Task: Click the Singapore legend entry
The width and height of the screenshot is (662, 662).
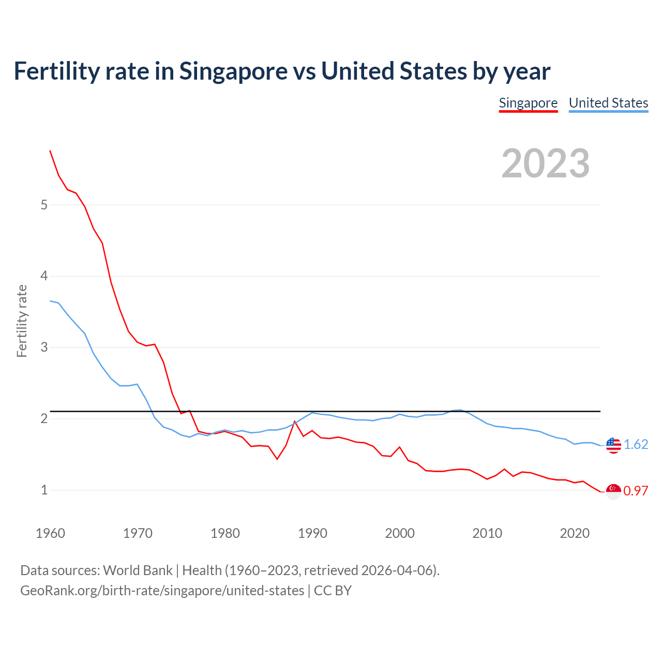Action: (528, 103)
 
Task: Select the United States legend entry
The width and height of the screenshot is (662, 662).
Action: (608, 103)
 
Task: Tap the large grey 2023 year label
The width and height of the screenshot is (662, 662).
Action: (545, 163)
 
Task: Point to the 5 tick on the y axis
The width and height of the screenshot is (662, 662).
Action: (44, 205)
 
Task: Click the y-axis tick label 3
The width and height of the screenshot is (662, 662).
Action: (44, 347)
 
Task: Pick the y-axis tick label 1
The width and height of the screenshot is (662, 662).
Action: (44, 490)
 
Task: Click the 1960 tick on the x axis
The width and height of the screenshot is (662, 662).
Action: (50, 533)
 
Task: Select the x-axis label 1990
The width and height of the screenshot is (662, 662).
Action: (312, 533)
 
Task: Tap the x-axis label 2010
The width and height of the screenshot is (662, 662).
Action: (487, 533)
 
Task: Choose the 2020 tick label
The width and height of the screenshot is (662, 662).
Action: (575, 533)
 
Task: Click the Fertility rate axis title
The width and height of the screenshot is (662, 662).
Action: (22, 321)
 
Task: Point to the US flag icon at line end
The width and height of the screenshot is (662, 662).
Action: (613, 445)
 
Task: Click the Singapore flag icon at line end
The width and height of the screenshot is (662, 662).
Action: (613, 491)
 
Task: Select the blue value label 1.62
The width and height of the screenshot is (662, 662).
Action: (636, 445)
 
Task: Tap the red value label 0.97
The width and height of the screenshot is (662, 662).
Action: (636, 491)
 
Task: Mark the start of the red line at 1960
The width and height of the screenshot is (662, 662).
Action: (50, 151)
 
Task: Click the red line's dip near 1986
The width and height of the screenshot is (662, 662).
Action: (277, 459)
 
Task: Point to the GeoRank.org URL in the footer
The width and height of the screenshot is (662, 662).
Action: (162, 591)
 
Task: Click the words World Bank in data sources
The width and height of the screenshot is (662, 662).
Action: (138, 570)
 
